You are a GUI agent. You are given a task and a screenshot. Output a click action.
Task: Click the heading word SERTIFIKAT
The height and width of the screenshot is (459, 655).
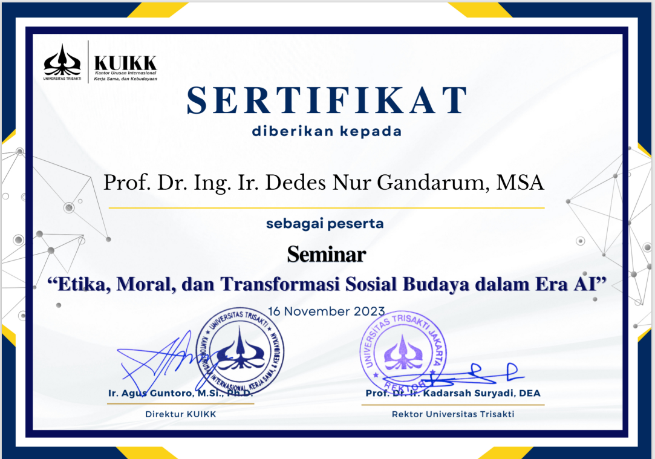(x=327, y=100)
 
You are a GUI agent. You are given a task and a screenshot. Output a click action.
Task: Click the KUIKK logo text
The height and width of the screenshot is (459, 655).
(x=125, y=63)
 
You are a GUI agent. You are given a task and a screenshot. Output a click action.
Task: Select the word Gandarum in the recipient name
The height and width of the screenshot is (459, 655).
(x=433, y=183)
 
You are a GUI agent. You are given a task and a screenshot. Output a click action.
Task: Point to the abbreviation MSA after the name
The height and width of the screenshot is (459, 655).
(x=520, y=183)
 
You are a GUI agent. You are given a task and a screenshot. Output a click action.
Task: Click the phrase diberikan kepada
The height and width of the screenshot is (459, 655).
(x=326, y=131)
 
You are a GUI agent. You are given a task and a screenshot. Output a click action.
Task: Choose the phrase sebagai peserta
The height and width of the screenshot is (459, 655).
(x=325, y=224)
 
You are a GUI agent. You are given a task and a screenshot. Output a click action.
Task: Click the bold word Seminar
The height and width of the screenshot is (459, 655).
(x=326, y=255)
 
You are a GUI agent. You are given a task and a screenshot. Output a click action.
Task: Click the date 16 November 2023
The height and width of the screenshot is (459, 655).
(x=326, y=311)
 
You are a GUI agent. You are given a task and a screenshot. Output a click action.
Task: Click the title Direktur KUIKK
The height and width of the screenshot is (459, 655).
(x=180, y=414)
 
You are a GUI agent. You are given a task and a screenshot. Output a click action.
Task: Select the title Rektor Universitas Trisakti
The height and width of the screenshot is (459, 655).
(x=453, y=414)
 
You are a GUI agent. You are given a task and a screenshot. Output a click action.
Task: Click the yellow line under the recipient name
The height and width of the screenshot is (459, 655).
(x=327, y=207)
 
